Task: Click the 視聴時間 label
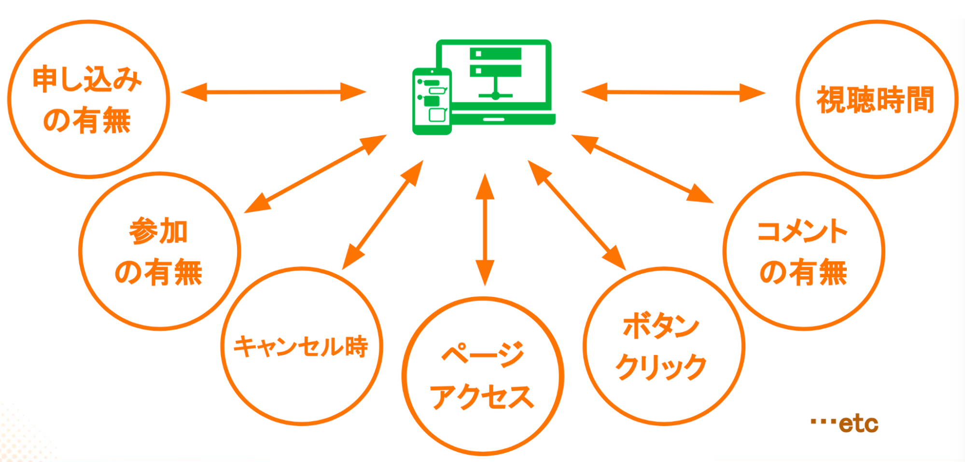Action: click(875, 100)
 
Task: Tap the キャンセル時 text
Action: click(301, 346)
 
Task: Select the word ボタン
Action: click(661, 326)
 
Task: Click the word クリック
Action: click(661, 367)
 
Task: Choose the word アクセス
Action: click(482, 397)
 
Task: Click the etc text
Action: click(858, 423)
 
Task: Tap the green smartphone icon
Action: click(432, 101)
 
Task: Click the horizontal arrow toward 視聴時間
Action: click(673, 92)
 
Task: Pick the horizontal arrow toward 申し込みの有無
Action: click(273, 92)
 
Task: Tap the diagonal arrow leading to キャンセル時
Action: click(382, 215)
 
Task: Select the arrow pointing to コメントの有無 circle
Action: click(642, 169)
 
